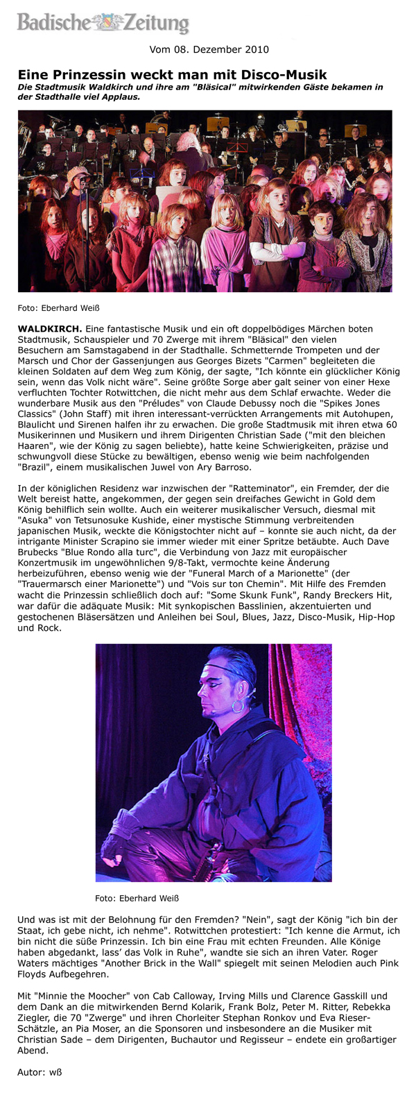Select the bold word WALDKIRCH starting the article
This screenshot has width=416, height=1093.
pyautogui.click(x=49, y=328)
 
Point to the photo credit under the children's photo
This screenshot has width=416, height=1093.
pyautogui.click(x=53, y=307)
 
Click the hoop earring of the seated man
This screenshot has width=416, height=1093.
pyautogui.click(x=237, y=706)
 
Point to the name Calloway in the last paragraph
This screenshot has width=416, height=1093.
pyautogui.click(x=197, y=995)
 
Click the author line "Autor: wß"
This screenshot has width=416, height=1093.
pyautogui.click(x=40, y=1072)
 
